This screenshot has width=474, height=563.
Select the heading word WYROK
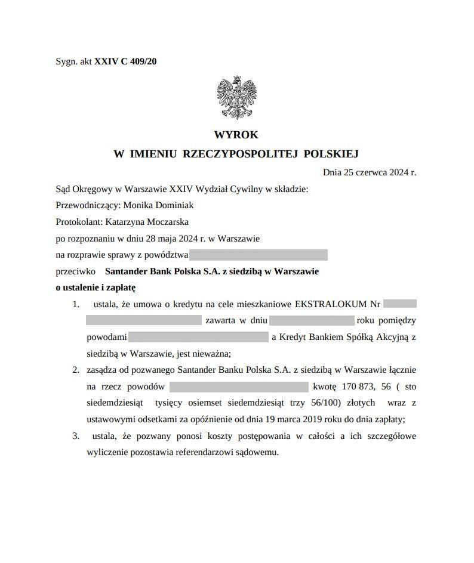coord(236,135)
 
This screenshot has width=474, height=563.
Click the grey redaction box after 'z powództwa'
coord(258,255)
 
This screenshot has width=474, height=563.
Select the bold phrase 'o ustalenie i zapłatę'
coord(96,287)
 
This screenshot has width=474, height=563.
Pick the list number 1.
coord(76,304)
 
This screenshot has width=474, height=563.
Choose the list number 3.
coord(76,436)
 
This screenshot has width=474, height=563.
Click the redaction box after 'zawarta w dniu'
coord(312,321)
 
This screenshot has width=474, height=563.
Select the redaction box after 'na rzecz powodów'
coord(239,386)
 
